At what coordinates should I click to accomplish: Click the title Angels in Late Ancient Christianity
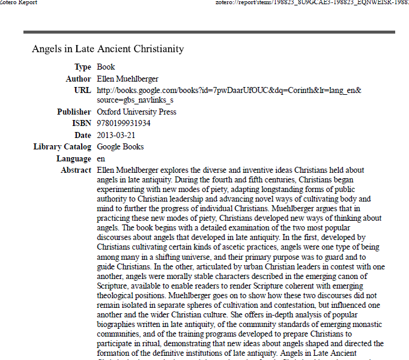coord(108,49)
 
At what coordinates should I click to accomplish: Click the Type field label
coord(83,67)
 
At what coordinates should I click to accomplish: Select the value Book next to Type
coord(106,67)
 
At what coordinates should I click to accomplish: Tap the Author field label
coord(78,79)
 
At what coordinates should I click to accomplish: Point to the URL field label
coord(82,91)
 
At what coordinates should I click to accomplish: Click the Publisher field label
coord(74,112)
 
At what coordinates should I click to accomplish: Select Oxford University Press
coord(136,112)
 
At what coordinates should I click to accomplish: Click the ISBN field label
coord(81,124)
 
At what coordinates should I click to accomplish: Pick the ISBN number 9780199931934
coord(124,124)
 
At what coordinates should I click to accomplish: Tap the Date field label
coord(82,136)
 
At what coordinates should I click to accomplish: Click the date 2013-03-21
coord(116,136)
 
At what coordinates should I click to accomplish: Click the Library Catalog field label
coord(62,147)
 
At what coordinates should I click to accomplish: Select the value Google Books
coord(120,147)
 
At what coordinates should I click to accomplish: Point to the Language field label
coord(74,159)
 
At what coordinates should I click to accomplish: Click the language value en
coord(101,159)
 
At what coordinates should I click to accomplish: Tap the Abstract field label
coord(76,170)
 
